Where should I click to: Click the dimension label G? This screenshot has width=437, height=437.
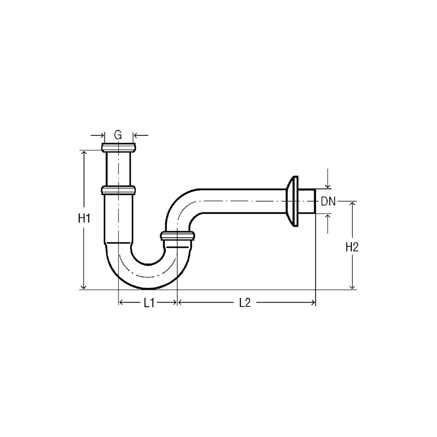click(x=118, y=135)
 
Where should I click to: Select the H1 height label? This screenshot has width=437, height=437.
click(x=84, y=218)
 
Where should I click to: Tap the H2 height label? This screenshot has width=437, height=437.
click(x=352, y=247)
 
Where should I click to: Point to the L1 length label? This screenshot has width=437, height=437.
click(x=149, y=303)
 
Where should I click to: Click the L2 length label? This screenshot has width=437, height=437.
click(x=245, y=303)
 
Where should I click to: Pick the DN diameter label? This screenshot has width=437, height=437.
click(x=328, y=201)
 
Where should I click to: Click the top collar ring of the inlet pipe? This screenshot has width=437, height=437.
click(x=118, y=147)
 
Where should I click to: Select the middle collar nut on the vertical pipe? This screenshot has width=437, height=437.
click(x=118, y=191)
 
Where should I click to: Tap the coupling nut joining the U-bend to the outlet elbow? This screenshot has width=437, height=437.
click(x=177, y=236)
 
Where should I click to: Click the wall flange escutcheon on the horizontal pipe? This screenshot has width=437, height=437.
click(x=292, y=201)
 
